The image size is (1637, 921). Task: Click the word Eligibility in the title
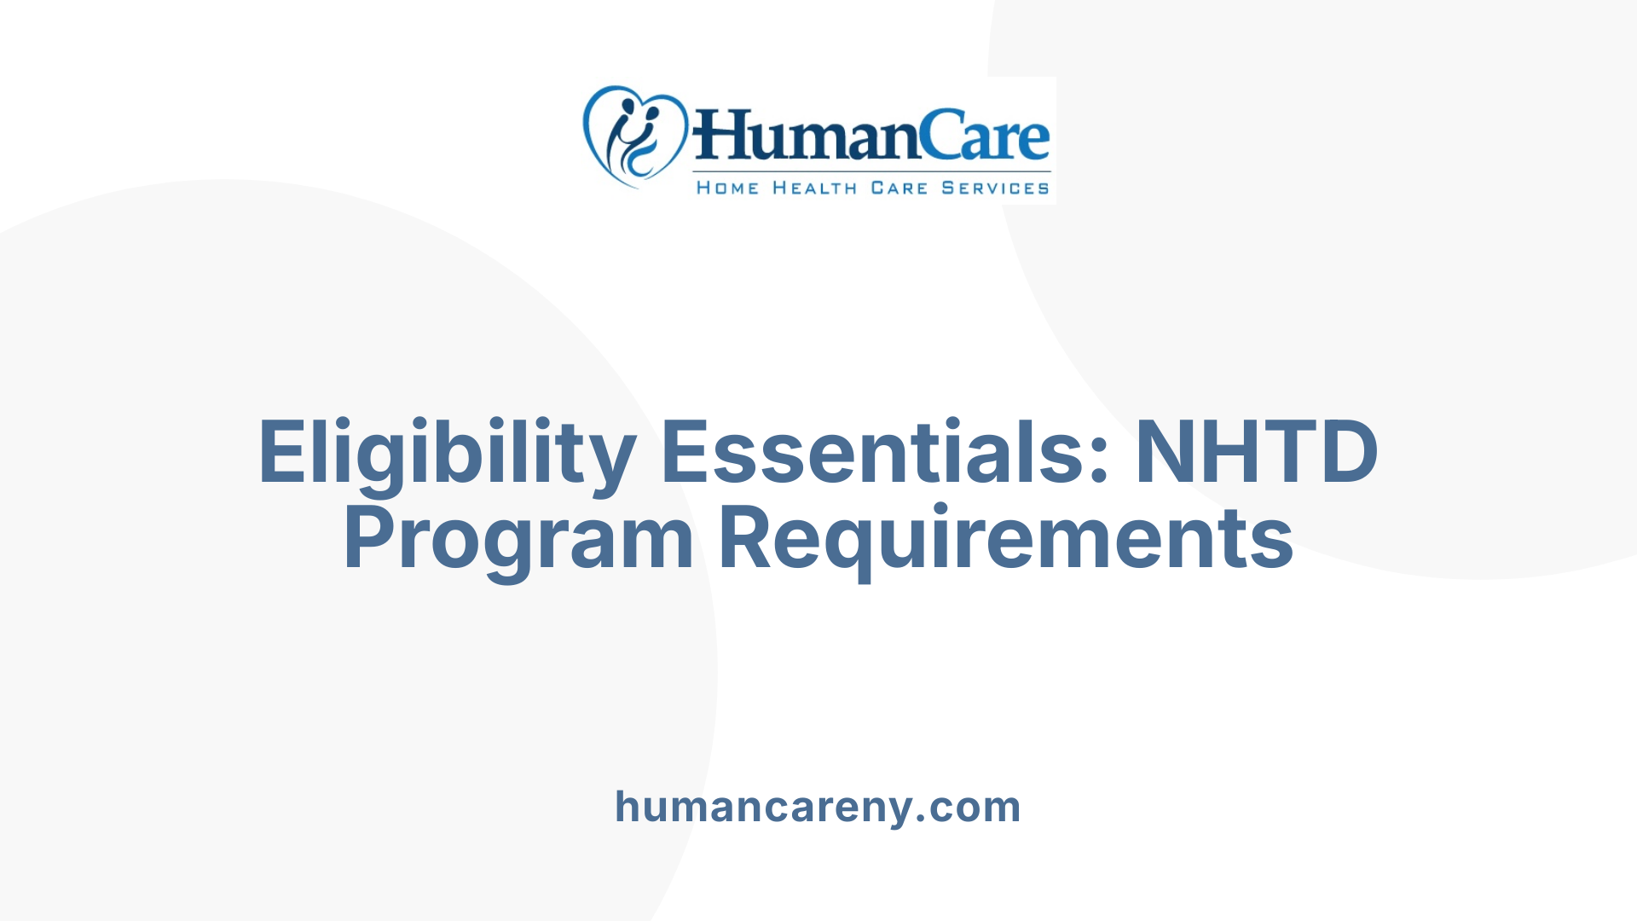(x=447, y=452)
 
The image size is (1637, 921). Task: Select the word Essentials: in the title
(x=885, y=452)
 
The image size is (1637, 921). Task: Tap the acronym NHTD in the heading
(x=1256, y=452)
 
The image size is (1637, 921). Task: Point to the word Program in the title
(x=518, y=539)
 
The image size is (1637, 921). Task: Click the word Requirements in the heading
(x=1006, y=539)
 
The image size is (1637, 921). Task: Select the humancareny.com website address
(x=818, y=807)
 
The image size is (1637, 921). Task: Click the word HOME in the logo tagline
(x=727, y=188)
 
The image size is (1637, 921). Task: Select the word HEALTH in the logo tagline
(x=814, y=188)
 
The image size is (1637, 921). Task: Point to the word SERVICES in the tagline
(x=995, y=188)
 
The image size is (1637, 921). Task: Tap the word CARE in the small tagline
(x=899, y=188)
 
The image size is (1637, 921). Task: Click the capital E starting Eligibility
(x=282, y=452)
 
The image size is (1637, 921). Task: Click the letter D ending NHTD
(x=1346, y=452)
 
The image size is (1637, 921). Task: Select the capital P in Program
(x=370, y=539)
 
